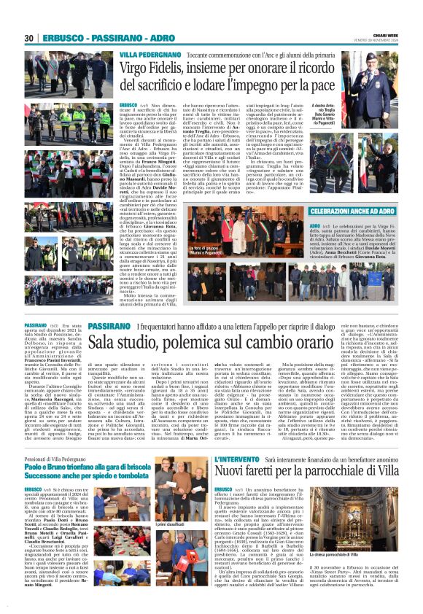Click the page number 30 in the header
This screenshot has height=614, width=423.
click(x=29, y=38)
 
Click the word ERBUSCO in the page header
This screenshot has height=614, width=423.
click(x=64, y=38)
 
